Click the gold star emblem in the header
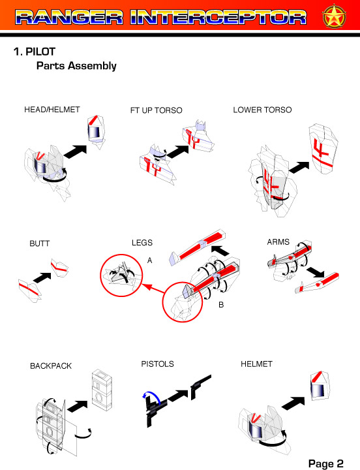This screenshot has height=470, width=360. pos(334,16)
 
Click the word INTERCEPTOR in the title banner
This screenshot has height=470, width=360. pos(218,18)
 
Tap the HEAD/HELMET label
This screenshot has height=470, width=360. pos(52,110)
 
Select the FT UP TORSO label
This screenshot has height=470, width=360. pos(157,110)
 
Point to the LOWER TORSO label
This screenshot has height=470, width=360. pos(262,110)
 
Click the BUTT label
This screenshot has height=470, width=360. pos(40,243)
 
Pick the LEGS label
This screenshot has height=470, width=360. pos(142,242)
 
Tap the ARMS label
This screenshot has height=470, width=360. pos(278,242)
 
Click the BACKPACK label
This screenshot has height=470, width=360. pos(51,366)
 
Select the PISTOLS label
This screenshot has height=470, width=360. pos(158,364)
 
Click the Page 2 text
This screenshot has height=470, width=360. pos(326,463)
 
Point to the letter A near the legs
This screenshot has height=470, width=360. pos(150,260)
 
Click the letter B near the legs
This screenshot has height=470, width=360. pos(221,305)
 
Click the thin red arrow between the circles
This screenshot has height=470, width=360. pos(153,288)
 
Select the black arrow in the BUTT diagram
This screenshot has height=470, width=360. pos(43,277)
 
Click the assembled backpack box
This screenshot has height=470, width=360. pos(102,390)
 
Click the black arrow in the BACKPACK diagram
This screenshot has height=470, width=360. pos(78,405)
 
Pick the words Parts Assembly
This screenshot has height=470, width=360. pos(76,66)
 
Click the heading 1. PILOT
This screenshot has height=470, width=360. pos(35,52)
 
